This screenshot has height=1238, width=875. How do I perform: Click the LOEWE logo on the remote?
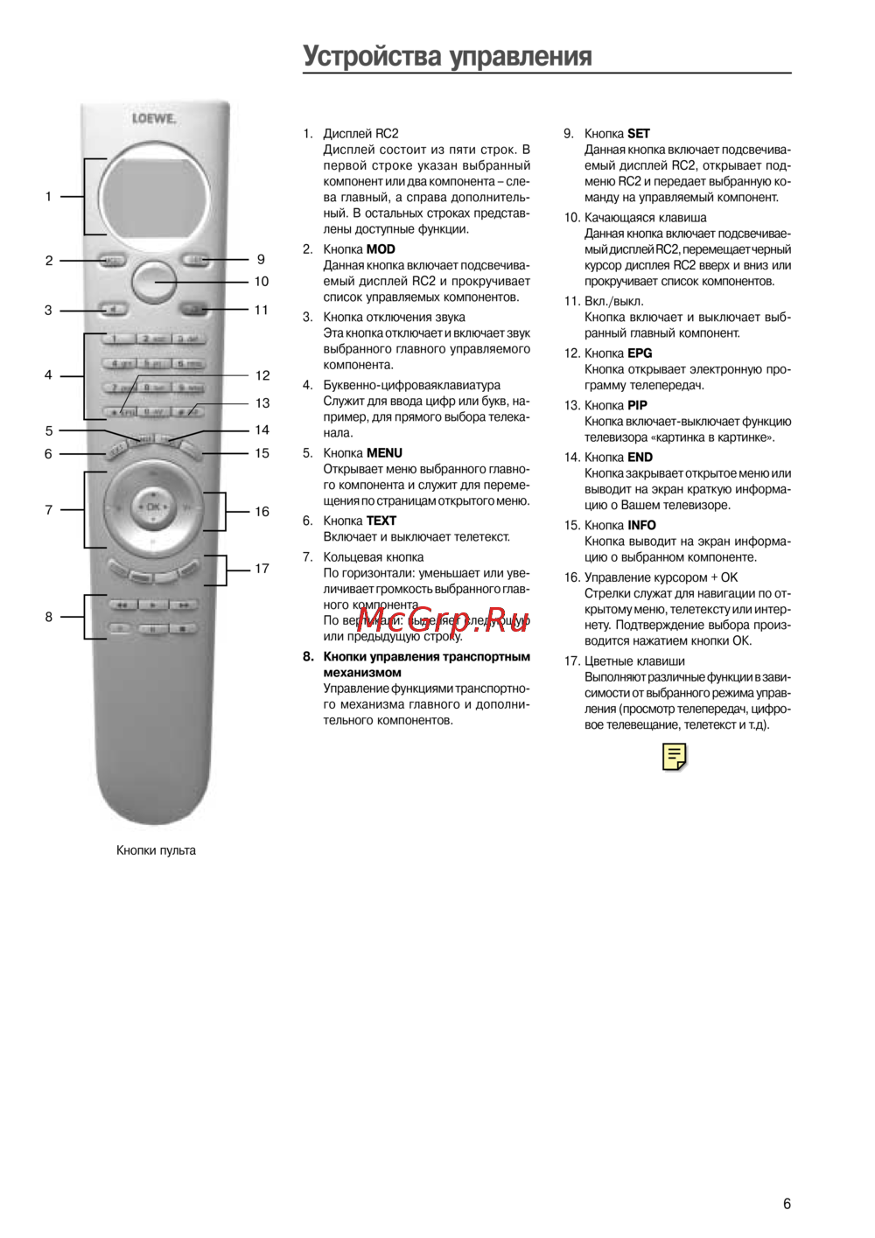[x=154, y=118]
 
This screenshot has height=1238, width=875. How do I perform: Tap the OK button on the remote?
[x=153, y=507]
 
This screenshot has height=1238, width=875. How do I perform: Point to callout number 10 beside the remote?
[x=261, y=282]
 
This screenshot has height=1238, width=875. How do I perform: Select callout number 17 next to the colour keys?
[x=262, y=569]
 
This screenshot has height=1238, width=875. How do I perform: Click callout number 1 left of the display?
[x=48, y=197]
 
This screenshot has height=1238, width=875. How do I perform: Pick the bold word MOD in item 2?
[x=381, y=249]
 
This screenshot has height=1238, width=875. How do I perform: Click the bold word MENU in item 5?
[x=384, y=453]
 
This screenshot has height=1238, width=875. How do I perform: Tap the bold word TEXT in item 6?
[x=381, y=521]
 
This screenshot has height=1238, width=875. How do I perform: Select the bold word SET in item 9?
[x=639, y=134]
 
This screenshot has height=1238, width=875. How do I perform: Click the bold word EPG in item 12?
[x=640, y=353]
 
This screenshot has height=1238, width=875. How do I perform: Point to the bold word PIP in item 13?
[x=637, y=405]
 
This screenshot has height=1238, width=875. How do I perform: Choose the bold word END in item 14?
[x=640, y=457]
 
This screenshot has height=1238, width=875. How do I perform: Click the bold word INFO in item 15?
[x=641, y=525]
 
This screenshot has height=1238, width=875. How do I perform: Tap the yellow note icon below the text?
[x=675, y=757]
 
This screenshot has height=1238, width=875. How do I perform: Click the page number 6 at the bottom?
[x=787, y=1204]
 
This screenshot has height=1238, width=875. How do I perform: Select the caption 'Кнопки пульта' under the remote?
[x=156, y=850]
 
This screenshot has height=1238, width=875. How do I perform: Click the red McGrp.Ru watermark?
[x=443, y=619]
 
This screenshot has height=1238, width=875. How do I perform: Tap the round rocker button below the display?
[x=154, y=281]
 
